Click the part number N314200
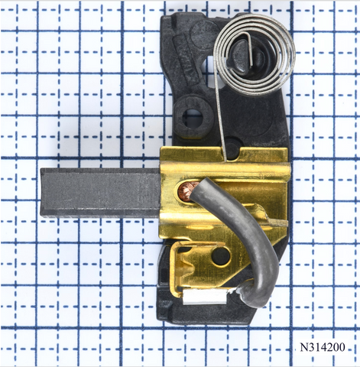(x=323, y=347)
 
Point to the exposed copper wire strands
(x=186, y=191)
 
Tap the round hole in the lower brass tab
(x=221, y=255)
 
